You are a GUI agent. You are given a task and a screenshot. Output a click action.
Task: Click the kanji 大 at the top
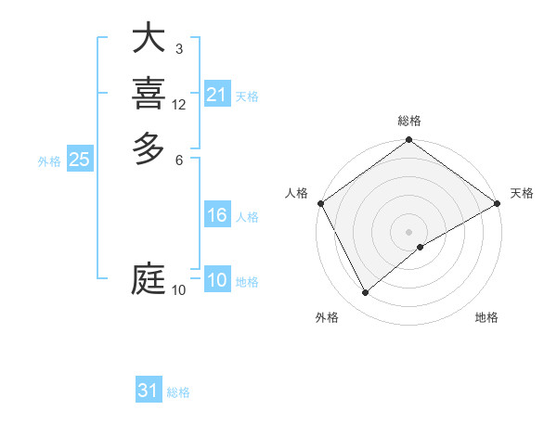(x=149, y=39)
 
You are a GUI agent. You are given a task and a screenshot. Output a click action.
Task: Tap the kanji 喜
(x=149, y=93)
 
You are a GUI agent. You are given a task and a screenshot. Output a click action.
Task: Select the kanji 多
(x=149, y=148)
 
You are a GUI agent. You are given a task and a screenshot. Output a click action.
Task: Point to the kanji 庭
(x=149, y=278)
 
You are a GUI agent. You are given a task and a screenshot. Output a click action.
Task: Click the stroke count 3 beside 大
(x=178, y=49)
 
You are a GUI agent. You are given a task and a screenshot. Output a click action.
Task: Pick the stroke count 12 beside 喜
(x=179, y=105)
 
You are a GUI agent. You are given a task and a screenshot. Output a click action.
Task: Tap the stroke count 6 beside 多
(x=178, y=160)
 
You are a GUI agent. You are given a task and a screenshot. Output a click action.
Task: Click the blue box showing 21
(x=216, y=95)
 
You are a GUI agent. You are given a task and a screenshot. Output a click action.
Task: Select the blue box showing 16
(x=216, y=216)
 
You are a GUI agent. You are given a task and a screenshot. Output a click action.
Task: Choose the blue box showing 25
(x=79, y=160)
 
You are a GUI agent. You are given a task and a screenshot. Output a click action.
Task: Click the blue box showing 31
(x=149, y=391)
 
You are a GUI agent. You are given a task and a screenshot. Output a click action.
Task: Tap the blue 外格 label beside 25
(x=49, y=160)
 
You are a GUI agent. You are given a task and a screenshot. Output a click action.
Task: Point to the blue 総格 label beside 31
(x=178, y=392)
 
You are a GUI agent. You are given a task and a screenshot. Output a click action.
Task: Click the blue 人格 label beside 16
(x=247, y=217)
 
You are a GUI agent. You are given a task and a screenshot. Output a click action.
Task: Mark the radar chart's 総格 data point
(x=408, y=141)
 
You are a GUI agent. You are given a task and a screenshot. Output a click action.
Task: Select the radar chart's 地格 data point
(x=421, y=247)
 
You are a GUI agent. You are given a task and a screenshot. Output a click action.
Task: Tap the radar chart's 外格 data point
(x=365, y=293)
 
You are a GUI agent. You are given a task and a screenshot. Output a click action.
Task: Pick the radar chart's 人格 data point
(x=320, y=203)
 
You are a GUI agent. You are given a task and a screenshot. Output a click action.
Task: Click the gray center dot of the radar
(x=408, y=231)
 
